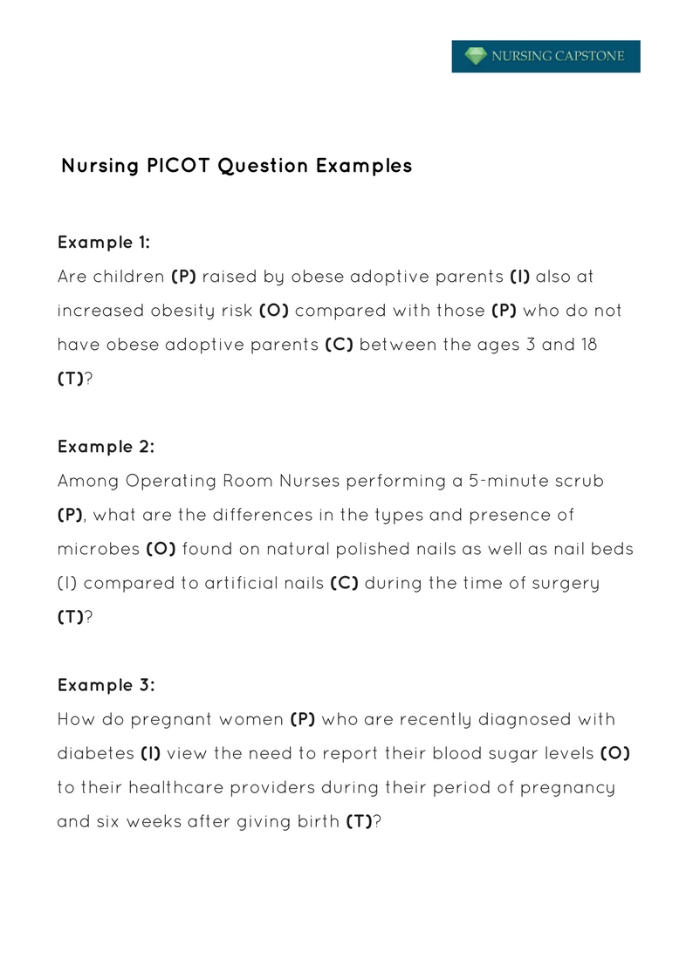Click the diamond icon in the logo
click(475, 57)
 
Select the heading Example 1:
click(104, 242)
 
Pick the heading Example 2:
click(106, 447)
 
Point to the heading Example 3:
click(106, 685)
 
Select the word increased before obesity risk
click(97, 311)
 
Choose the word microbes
click(98, 549)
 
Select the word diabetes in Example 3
click(95, 753)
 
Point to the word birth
click(313, 821)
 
